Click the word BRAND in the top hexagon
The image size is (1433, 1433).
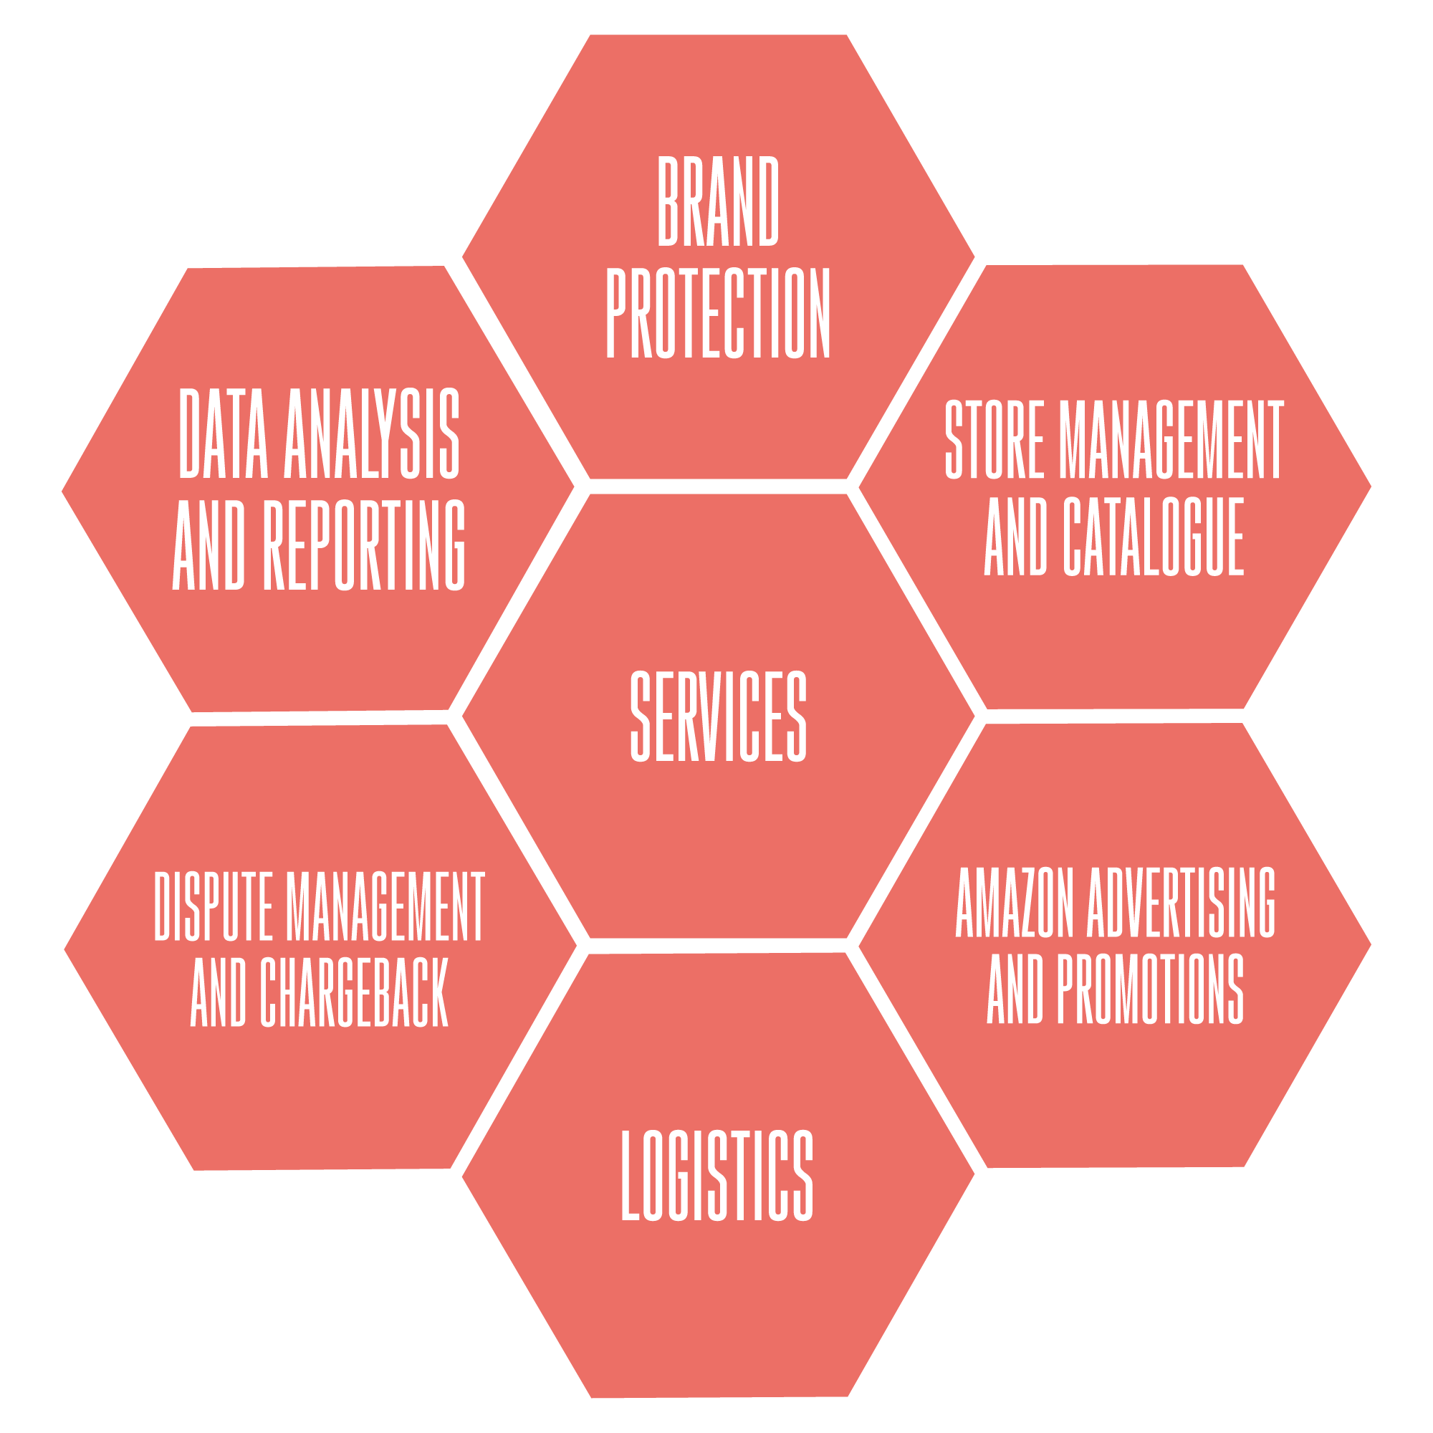click(x=718, y=201)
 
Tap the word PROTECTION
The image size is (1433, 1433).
click(x=718, y=314)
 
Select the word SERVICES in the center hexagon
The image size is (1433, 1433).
click(x=718, y=716)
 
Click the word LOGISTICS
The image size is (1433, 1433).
click(x=717, y=1176)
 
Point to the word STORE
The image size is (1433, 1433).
click(x=995, y=439)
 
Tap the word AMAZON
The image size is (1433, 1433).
click(x=1015, y=902)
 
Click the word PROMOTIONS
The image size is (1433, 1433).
click(x=1151, y=989)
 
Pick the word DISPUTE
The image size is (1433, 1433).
click(x=214, y=906)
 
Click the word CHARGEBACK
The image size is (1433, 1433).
click(x=354, y=992)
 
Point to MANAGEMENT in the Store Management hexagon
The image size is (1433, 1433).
click(x=1171, y=439)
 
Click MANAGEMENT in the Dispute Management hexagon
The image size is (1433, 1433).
click(x=385, y=906)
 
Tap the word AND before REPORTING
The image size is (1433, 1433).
click(x=209, y=546)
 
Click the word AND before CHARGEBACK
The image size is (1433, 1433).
click(x=218, y=992)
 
